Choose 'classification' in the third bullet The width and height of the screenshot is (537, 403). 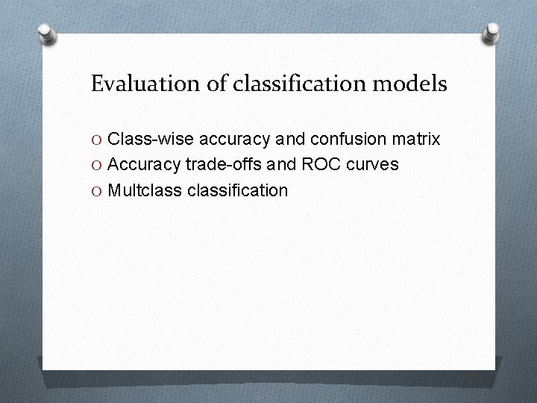point(237,190)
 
